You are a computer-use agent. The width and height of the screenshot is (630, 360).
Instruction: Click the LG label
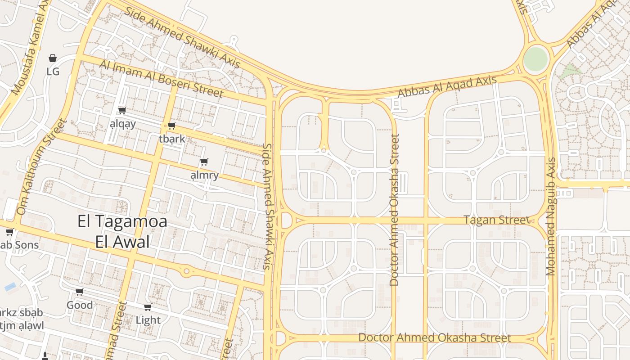click(x=53, y=72)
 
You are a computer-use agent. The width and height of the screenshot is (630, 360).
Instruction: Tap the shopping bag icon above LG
click(x=53, y=58)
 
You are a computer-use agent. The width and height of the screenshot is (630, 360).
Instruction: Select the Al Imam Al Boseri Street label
click(x=161, y=79)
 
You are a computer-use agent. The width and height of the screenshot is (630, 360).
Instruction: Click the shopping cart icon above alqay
click(x=122, y=110)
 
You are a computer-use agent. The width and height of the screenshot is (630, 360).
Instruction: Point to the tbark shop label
click(x=172, y=139)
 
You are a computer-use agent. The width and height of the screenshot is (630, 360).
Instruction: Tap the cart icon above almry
click(x=204, y=162)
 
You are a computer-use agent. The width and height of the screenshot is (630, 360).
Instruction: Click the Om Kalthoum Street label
click(x=41, y=166)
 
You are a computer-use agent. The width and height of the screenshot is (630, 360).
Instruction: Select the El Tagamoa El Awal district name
click(x=122, y=232)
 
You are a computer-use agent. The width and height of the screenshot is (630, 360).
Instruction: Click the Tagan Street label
click(x=496, y=220)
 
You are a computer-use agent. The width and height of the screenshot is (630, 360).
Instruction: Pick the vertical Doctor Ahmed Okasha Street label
click(x=395, y=210)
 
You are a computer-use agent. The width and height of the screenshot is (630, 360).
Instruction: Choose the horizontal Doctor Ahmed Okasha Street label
click(x=435, y=338)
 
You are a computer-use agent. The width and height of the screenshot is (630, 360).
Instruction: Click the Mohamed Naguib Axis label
click(x=551, y=216)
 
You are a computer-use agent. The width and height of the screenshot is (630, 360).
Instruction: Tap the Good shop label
click(x=80, y=305)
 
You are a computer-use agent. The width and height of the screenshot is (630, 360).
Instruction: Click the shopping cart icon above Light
click(x=148, y=307)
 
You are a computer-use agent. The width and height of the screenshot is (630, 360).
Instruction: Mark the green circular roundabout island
click(x=536, y=58)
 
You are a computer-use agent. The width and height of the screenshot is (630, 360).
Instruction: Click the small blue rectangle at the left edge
click(x=10, y=287)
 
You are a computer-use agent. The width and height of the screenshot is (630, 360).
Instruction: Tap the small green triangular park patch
click(x=571, y=70)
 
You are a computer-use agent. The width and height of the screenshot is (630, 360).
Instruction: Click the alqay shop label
click(x=122, y=124)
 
